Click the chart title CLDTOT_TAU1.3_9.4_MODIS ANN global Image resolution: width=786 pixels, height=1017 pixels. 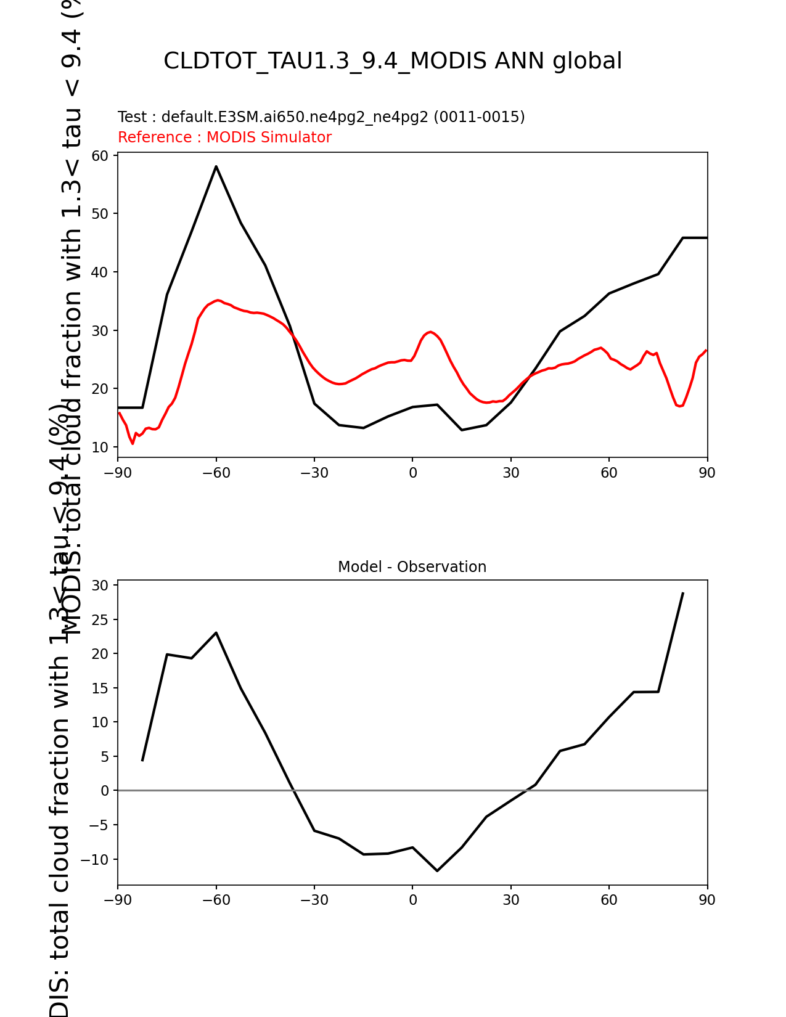[x=393, y=61]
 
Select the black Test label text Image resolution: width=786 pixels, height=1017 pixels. [x=321, y=117]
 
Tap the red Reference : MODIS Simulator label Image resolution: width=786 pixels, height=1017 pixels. [x=224, y=137]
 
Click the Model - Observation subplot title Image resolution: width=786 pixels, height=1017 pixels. [x=412, y=567]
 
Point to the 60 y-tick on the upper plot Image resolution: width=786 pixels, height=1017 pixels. [x=100, y=155]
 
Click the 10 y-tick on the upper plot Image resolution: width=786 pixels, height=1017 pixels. [x=100, y=447]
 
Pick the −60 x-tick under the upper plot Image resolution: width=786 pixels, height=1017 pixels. [x=216, y=473]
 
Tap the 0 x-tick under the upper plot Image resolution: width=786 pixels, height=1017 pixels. [x=412, y=473]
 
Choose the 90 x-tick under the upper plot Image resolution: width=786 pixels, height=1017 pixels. [x=707, y=473]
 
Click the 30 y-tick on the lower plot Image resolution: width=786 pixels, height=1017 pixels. [x=100, y=586]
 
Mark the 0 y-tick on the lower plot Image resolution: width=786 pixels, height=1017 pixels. [x=105, y=791]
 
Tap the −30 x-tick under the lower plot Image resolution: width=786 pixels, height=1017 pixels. [x=314, y=900]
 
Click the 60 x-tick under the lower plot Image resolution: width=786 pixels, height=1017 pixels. [x=609, y=900]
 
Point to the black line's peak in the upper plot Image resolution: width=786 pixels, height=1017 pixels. [x=216, y=166]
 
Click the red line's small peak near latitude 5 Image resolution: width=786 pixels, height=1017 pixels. [x=430, y=332]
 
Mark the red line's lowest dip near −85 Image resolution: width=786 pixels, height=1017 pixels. [x=133, y=443]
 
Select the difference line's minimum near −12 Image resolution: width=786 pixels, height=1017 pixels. [x=437, y=870]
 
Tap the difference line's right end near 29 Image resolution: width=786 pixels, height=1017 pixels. [x=682, y=593]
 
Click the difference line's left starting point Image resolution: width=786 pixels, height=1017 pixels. [x=142, y=761]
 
